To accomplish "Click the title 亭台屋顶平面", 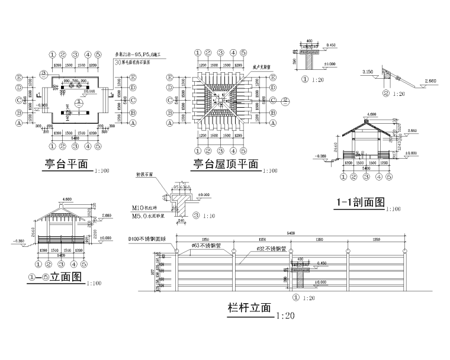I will pos(225,164).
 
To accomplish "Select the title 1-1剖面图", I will pos(360,202).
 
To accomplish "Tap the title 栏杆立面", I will pos(249,308).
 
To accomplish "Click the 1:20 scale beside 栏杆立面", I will pos(285,316).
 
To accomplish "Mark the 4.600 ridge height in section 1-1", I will pos(371,114).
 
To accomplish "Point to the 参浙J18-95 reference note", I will pos(137,54).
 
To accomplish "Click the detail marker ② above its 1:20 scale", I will pos(385,93).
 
